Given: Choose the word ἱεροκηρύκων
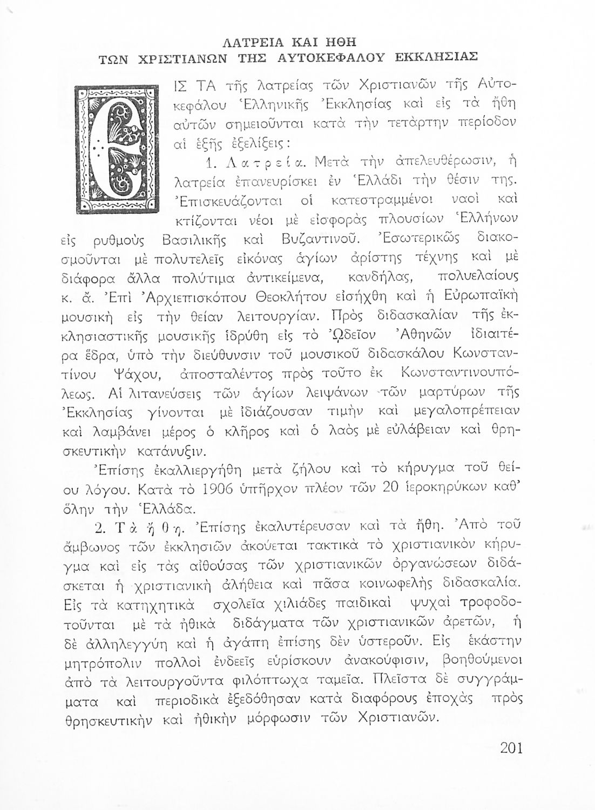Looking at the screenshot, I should pyautogui.click(x=444, y=490).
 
